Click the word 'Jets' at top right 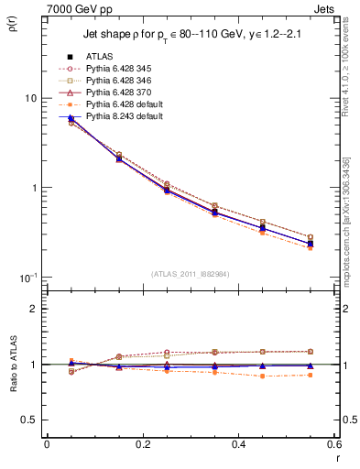(x=325, y=8)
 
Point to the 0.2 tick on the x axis (x=143, y=444)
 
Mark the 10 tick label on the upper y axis (x=29, y=98)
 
